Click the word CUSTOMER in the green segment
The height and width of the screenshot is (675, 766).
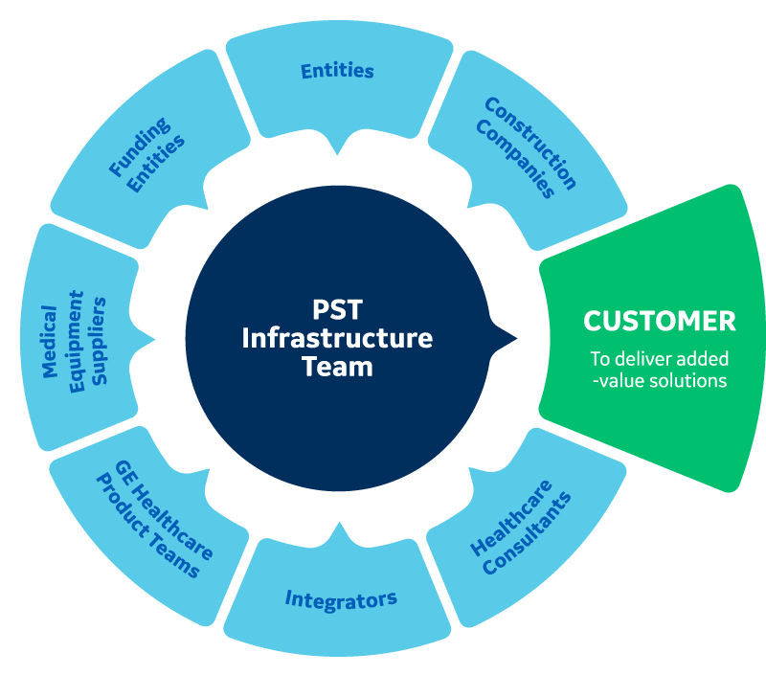point(660,321)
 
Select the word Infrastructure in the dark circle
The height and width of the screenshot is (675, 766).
point(337,338)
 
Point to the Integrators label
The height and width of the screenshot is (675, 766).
point(341,600)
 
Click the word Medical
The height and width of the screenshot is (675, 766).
point(50,341)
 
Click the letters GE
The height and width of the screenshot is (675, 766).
point(124,470)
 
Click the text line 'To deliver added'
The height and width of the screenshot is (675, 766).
point(659,360)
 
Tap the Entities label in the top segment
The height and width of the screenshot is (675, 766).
point(336,71)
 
